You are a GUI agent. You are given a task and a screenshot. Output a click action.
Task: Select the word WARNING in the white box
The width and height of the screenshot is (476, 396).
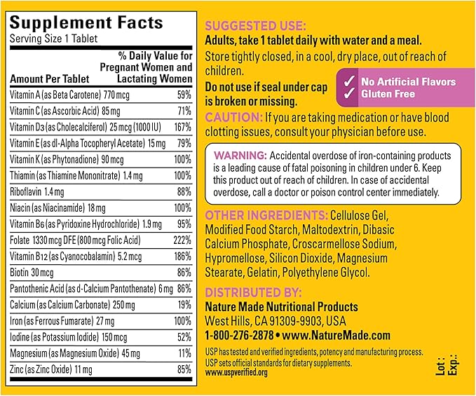pos(239,155)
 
